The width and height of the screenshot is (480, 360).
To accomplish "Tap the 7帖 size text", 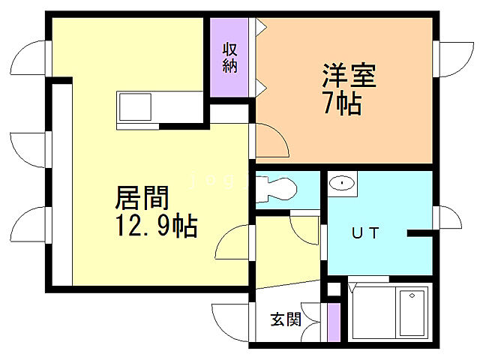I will click(342, 103).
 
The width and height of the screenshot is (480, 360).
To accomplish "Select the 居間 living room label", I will click(141, 199).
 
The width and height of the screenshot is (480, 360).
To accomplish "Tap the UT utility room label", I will click(365, 232).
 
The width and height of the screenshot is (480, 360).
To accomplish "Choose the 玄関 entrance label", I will click(286, 319).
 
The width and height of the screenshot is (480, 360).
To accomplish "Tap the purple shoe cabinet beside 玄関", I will click(333, 321).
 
